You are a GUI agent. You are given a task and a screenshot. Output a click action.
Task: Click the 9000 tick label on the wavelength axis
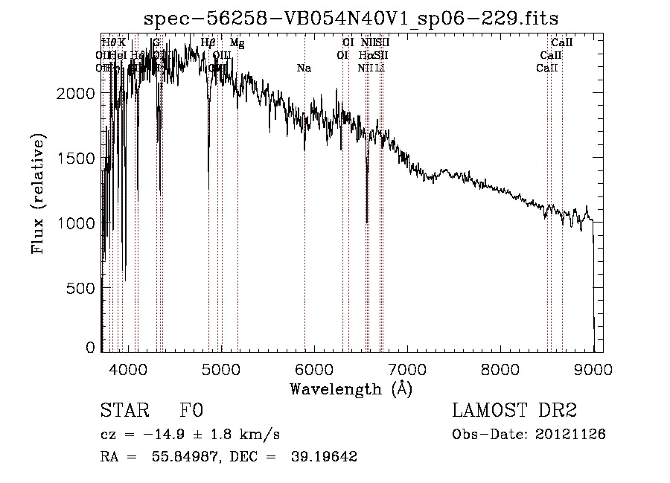pos(593,368)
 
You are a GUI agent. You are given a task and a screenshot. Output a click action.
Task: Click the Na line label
pos(304,68)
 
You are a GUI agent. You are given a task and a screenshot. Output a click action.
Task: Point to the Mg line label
pos(237,43)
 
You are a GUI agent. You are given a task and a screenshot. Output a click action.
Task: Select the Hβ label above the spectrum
pos(208,43)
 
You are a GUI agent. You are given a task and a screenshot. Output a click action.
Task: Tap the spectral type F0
pos(191,412)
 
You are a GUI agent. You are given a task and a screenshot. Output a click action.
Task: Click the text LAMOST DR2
pos(514,412)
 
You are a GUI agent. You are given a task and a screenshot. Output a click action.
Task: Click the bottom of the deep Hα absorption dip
pos(367,222)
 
